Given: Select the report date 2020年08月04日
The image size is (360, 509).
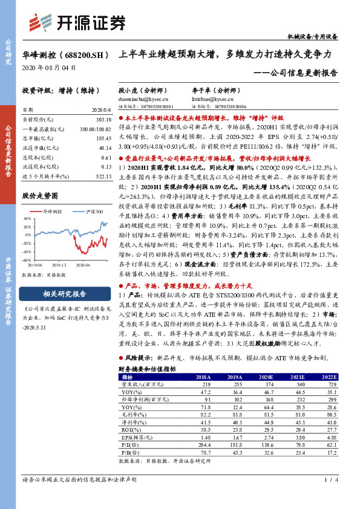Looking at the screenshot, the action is pos(49,68).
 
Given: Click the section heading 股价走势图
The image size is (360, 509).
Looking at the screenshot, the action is pos(41,196).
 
